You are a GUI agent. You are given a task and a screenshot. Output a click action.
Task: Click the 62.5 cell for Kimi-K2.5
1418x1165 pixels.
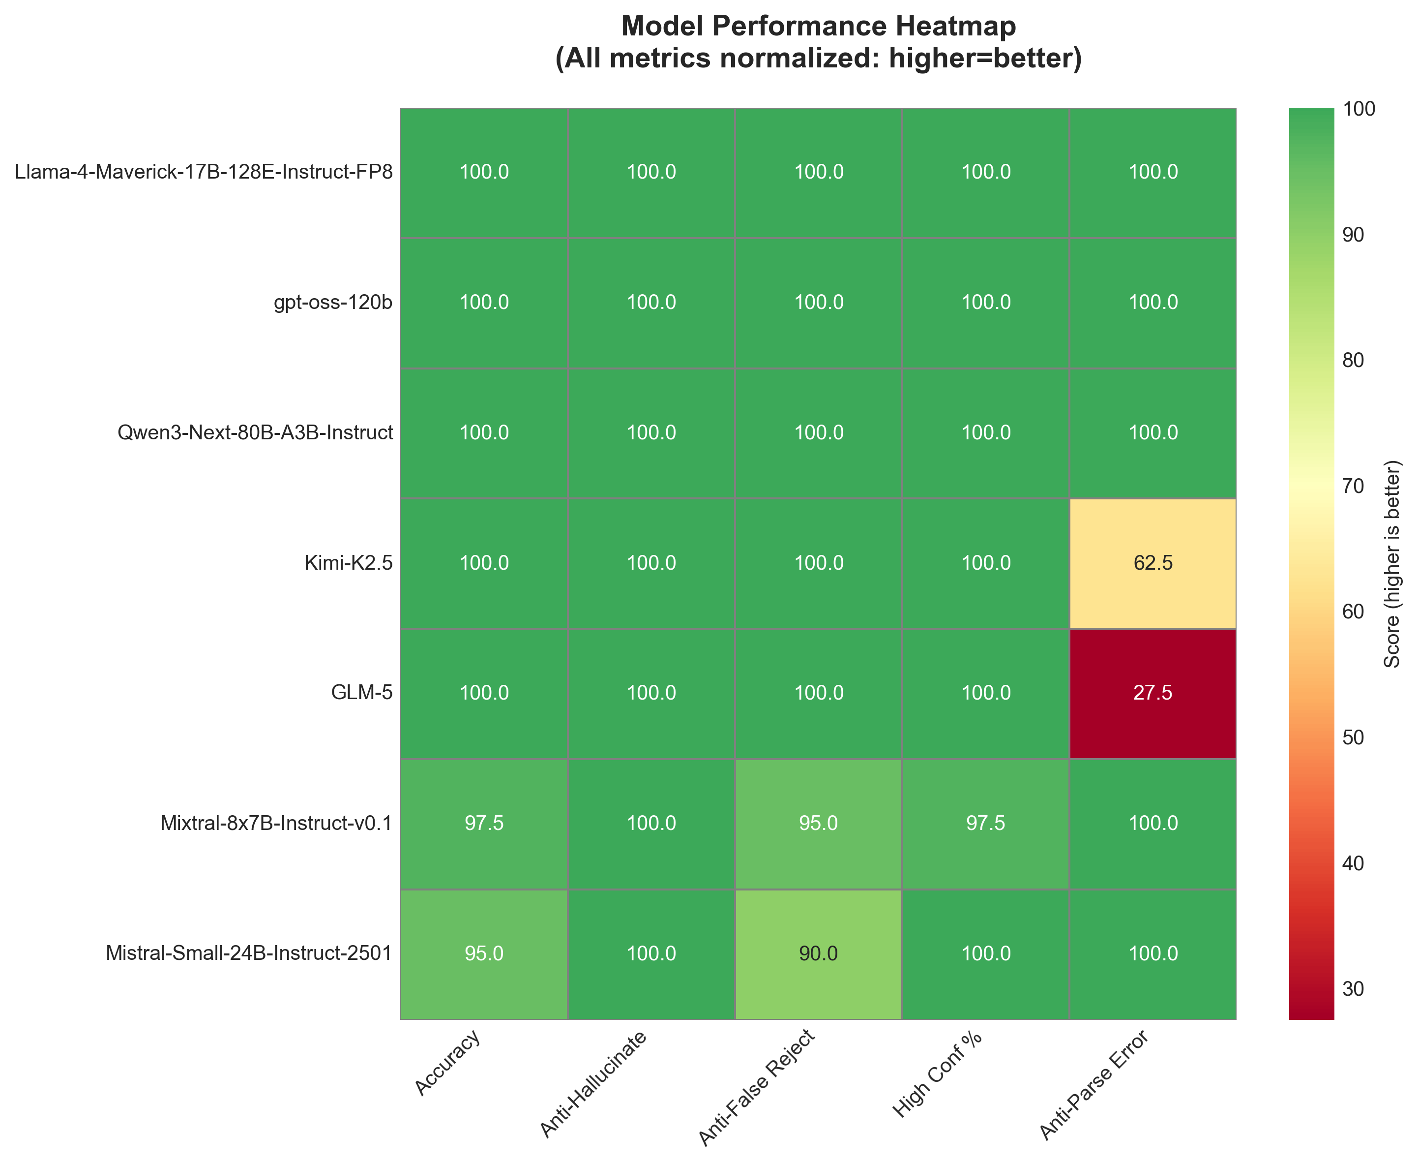[1152, 563]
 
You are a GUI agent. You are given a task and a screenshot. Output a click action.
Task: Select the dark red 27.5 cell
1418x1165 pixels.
[1152, 693]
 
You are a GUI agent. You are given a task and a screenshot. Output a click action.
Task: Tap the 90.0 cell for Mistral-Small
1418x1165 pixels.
[818, 953]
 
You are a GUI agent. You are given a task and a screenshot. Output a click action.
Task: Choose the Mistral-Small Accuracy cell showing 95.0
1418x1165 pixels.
[484, 953]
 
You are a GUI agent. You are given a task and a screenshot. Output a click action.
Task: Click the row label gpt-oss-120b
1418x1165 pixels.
[333, 303]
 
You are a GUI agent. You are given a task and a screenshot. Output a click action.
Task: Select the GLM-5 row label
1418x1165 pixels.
[362, 693]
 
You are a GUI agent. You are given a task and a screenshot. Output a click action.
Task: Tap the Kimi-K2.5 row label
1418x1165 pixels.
[348, 563]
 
